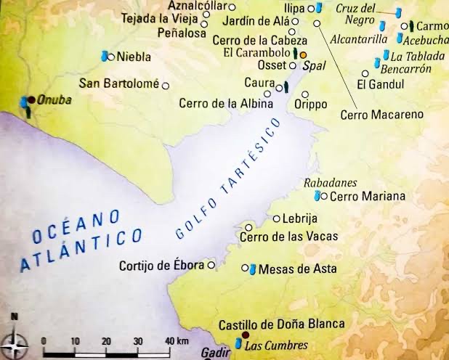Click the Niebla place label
pyautogui.click(x=133, y=56)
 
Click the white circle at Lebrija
pyautogui.click(x=276, y=218)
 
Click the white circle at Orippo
pyautogui.click(x=305, y=94)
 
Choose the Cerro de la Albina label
pyautogui.click(x=226, y=104)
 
